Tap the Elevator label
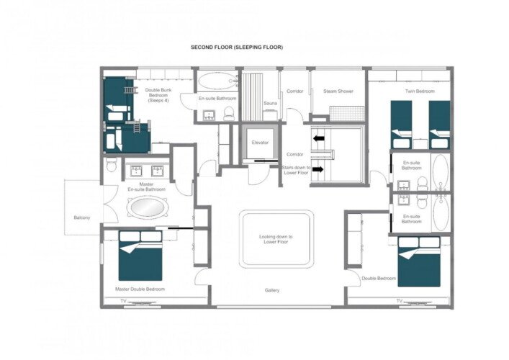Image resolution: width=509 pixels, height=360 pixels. (x=260, y=143)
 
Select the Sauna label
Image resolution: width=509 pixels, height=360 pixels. (x=270, y=103)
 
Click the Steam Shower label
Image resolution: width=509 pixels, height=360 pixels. (x=338, y=91)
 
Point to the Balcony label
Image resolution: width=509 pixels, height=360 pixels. (x=82, y=217)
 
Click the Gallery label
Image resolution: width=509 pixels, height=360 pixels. (x=272, y=291)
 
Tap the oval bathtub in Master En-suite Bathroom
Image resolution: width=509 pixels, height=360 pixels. (x=148, y=207)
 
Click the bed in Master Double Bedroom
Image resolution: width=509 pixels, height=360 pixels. (x=140, y=256)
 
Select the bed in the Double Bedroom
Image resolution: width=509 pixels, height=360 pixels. (x=419, y=261)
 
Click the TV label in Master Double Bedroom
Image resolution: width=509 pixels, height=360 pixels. (x=123, y=301)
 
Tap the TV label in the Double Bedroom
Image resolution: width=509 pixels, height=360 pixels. (x=400, y=301)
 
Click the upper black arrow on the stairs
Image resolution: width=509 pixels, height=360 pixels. (x=319, y=138)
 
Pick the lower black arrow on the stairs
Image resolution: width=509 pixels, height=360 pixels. (x=319, y=169)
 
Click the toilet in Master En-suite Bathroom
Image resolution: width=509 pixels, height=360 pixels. (x=112, y=165)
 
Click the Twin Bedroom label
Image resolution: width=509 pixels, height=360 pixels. (x=420, y=91)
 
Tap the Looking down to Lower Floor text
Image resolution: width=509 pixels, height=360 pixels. (x=276, y=239)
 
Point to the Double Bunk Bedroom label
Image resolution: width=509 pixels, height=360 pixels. (x=158, y=96)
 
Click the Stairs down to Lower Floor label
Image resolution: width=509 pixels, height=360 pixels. (x=296, y=170)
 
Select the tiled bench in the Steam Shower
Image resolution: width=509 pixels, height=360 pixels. (x=347, y=114)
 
